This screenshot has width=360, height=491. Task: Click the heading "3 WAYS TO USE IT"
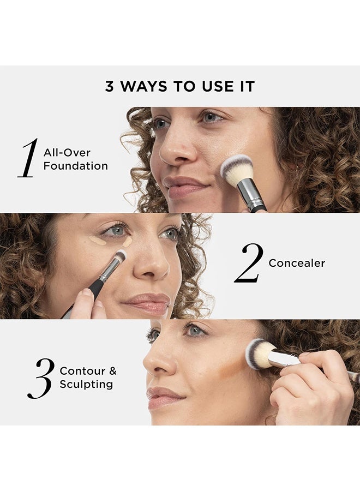coord(180,86)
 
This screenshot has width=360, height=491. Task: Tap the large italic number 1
coord(28,159)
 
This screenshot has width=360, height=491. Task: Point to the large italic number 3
coord(40,378)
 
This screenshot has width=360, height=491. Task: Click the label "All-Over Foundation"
coord(75,159)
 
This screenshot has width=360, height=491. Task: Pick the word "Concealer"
coord(297,264)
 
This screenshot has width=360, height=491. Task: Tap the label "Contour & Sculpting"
coord(88,378)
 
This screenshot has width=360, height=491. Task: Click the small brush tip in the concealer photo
coord(121,255)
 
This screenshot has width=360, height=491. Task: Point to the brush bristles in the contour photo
coord(257,353)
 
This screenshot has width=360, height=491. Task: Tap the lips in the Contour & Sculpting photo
coord(163,397)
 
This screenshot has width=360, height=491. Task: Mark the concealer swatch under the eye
coord(98,241)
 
